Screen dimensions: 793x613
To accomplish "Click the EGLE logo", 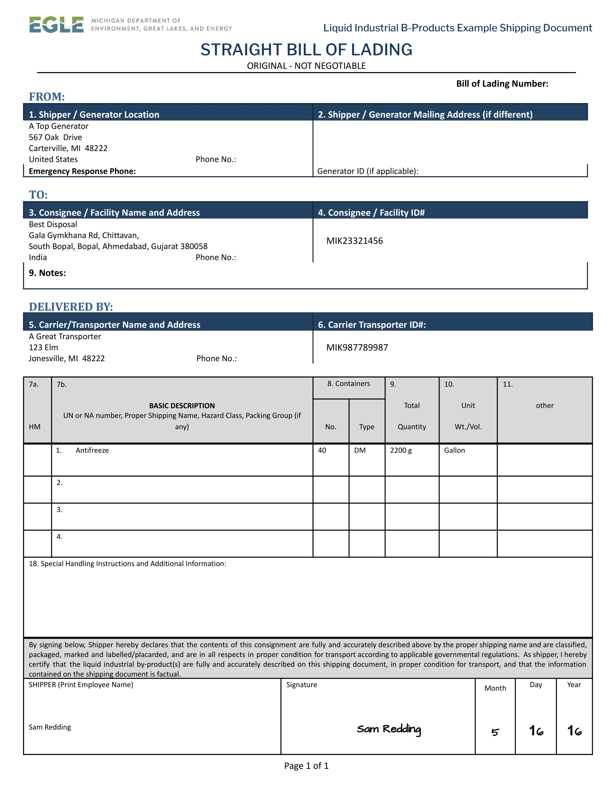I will point(56,25).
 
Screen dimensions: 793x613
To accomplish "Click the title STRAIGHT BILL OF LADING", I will point(306,50).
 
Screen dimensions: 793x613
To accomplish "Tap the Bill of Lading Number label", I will point(502,84).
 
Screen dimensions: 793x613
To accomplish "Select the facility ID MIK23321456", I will point(354,241).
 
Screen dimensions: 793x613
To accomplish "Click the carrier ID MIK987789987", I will point(357,348).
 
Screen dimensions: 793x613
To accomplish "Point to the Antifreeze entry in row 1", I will point(92,450).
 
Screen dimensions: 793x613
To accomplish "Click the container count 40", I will point(322,450).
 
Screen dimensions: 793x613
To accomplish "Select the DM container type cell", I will point(360,450).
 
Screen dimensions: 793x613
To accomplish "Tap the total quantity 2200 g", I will point(401,450).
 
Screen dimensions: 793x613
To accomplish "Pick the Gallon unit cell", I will point(454,450).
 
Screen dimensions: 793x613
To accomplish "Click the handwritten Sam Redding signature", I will point(389,729).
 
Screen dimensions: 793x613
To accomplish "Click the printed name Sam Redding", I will point(50,727).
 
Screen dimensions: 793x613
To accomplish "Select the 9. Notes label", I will point(47,273).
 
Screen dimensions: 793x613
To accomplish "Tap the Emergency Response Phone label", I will point(82,171).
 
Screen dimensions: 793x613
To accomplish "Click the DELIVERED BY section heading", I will point(71,307).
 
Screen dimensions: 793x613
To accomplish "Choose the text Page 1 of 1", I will point(306,766).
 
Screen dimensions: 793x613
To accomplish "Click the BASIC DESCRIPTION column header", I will point(182,406).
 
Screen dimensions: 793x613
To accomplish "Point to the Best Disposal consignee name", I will point(53,225).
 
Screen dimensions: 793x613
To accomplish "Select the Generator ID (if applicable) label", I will point(367,171).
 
